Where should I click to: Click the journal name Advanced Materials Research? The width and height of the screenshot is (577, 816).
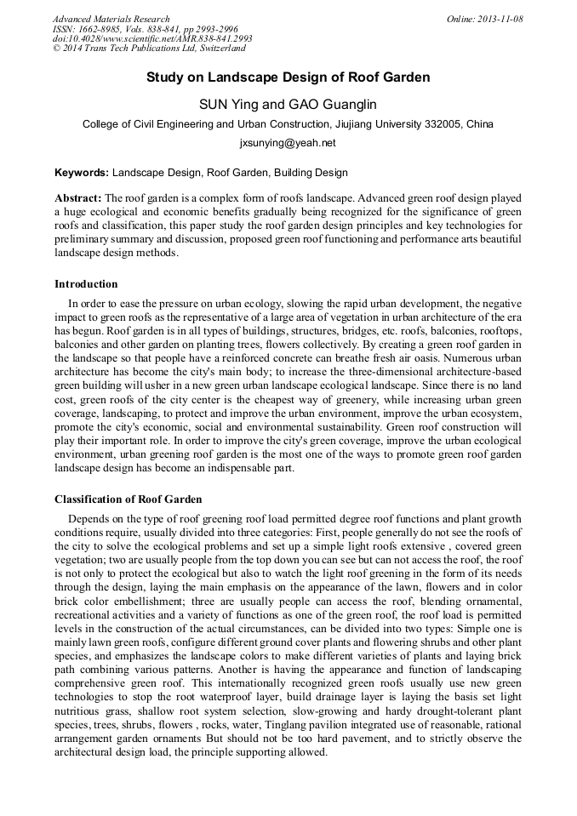click(x=111, y=19)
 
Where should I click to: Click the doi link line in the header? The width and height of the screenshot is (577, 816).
click(x=152, y=39)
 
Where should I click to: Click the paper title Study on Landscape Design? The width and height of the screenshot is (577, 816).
click(x=288, y=77)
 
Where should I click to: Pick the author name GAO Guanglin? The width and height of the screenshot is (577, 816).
click(x=327, y=105)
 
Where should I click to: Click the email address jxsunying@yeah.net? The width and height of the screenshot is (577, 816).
click(x=288, y=143)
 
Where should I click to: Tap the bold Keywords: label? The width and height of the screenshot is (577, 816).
click(x=82, y=172)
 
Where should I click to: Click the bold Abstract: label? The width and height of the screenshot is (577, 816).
click(x=78, y=197)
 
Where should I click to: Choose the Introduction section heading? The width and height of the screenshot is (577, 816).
click(x=86, y=283)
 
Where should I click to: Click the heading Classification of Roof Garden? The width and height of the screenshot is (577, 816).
click(x=129, y=499)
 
